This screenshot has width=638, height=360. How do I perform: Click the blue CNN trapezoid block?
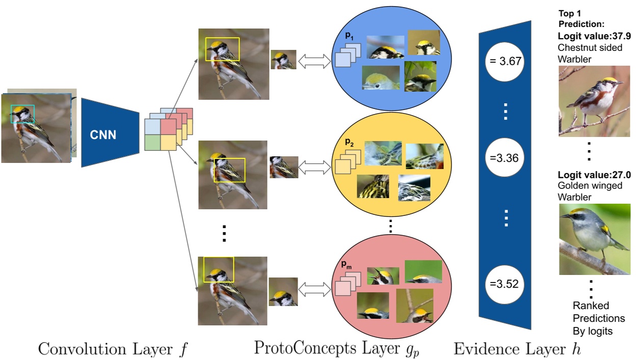click(109, 133)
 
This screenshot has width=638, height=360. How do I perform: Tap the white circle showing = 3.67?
click(504, 61)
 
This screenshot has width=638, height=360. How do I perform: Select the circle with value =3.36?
click(504, 158)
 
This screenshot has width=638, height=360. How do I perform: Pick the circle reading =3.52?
click(504, 284)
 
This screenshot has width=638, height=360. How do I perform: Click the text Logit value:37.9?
click(594, 36)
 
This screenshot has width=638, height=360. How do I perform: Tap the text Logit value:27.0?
click(594, 175)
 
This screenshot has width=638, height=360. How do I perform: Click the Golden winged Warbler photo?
click(594, 239)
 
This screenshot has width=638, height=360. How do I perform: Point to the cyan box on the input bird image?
click(22, 114)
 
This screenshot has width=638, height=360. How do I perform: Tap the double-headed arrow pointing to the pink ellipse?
click(314, 290)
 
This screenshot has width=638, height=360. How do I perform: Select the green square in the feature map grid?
click(153, 143)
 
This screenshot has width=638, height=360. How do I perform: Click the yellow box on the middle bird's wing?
click(229, 170)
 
